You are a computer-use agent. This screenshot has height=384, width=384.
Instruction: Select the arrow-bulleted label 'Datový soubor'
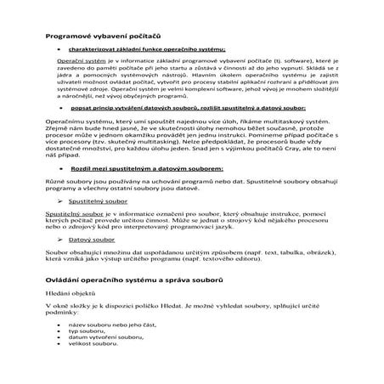[x=97, y=239]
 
